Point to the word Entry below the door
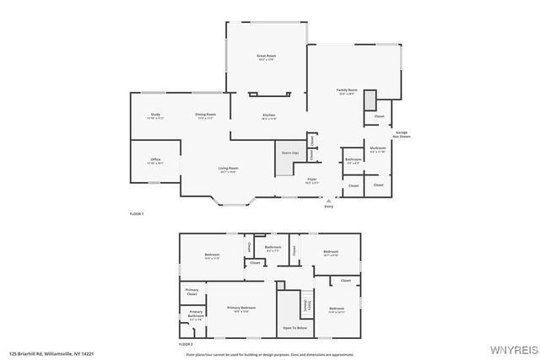328,207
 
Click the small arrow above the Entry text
328,201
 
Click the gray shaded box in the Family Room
370,100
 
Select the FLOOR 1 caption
137,214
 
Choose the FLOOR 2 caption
186,345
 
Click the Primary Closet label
192,293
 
